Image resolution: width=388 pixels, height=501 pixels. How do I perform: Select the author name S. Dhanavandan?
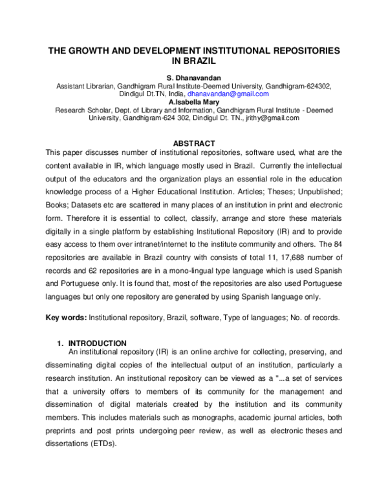click(194, 77)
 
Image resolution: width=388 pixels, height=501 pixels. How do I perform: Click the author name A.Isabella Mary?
click(194, 102)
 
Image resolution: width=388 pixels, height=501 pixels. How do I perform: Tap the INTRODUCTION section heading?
click(97, 343)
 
